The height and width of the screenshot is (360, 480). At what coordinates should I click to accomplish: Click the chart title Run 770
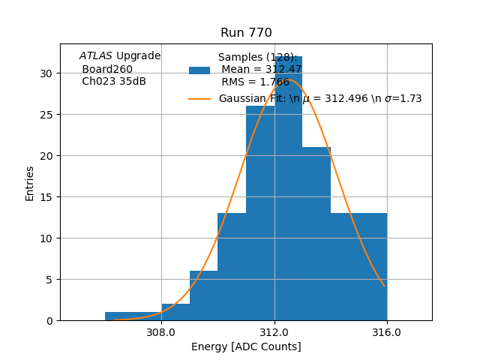[x=246, y=33]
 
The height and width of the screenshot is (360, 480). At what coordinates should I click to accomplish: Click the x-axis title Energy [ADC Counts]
[x=246, y=346]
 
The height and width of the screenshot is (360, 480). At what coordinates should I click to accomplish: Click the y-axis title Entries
[x=30, y=183]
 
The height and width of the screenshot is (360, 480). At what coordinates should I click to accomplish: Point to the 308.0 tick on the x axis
[x=161, y=332]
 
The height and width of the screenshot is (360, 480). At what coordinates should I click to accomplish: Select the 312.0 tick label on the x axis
[x=274, y=332]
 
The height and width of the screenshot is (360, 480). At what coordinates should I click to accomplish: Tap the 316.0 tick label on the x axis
[x=387, y=332]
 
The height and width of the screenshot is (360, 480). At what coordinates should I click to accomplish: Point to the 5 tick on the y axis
[x=49, y=280]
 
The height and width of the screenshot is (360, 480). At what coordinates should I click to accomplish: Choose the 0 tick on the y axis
[x=49, y=321]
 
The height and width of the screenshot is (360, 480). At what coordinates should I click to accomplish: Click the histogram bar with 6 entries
[x=203, y=296]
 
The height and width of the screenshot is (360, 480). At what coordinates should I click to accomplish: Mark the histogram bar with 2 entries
[x=175, y=313]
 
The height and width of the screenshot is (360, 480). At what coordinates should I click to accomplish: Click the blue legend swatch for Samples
[x=199, y=70]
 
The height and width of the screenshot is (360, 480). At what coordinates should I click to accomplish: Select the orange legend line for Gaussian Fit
[x=199, y=99]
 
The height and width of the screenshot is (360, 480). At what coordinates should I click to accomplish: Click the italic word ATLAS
[x=96, y=56]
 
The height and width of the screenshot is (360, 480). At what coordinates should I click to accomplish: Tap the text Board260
[x=107, y=69]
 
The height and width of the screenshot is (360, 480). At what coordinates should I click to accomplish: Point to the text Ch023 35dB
[x=114, y=82]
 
